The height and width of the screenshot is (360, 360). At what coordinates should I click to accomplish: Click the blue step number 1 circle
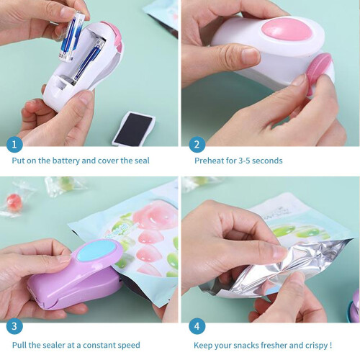coord(14,145)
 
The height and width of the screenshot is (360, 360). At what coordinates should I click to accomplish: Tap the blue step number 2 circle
coord(197,145)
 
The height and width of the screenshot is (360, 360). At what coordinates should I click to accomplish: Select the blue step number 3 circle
coord(14,326)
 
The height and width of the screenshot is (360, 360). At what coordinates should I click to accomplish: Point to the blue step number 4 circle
coord(197,326)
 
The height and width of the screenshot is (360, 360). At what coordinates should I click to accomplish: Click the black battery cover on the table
coord(133,128)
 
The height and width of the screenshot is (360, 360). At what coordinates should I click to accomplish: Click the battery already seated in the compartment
coord(87,62)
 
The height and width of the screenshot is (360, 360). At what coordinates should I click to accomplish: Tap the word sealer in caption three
coord(54,345)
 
